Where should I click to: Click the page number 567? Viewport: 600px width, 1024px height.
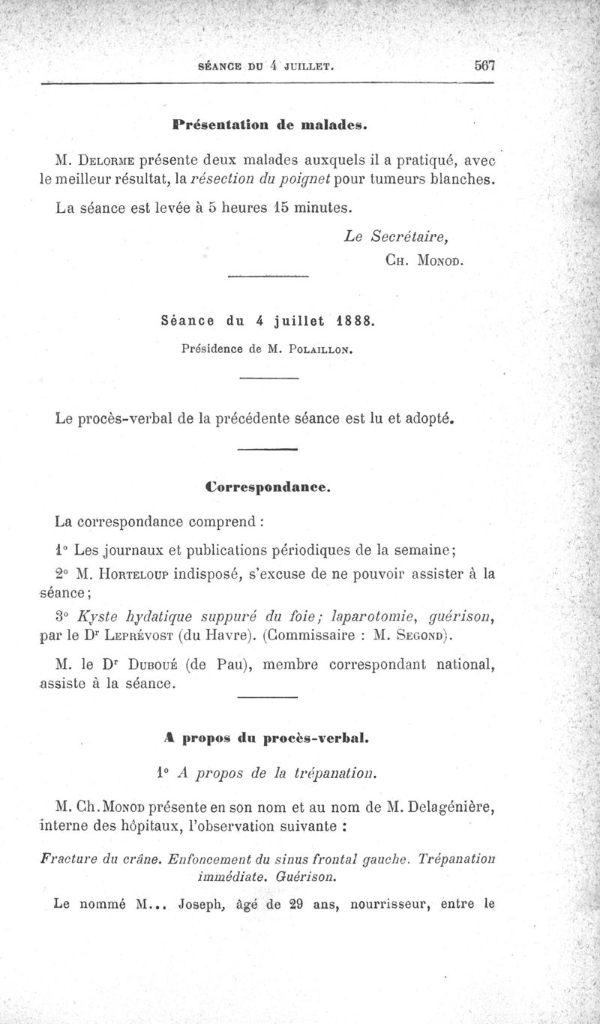[x=486, y=65]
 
